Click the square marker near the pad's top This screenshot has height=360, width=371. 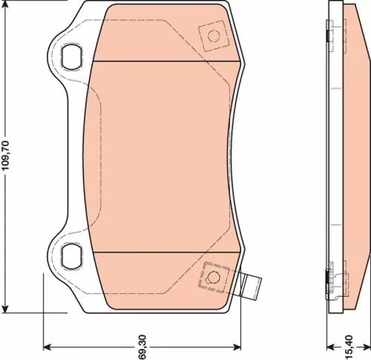(213, 34)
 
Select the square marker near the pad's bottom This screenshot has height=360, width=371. (214, 276)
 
